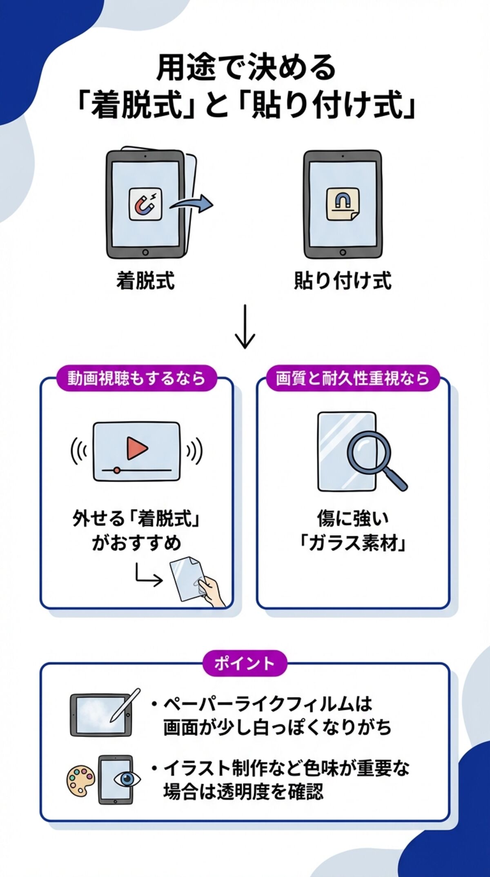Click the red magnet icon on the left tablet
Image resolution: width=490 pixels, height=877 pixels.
click(x=145, y=204)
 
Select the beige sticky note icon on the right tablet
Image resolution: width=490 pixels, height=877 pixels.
click(x=343, y=204)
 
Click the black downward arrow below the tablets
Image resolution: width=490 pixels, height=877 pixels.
click(x=245, y=326)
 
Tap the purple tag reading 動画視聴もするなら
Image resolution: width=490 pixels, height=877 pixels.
click(x=136, y=378)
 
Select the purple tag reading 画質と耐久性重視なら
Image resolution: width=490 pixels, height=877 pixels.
click(x=353, y=378)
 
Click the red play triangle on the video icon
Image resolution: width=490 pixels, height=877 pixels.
click(x=136, y=448)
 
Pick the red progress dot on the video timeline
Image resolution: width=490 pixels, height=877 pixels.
click(x=117, y=470)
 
